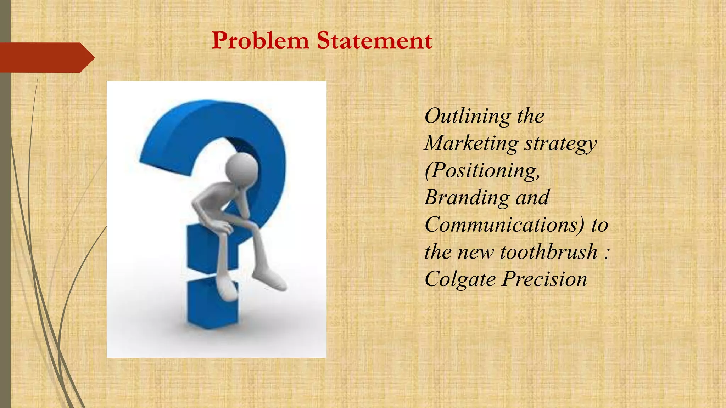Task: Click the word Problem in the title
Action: [260, 40]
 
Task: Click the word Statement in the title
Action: [374, 40]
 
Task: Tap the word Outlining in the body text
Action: [467, 116]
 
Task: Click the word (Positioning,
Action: [482, 171]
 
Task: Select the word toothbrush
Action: [549, 252]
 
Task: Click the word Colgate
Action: [460, 279]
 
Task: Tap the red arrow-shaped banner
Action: [46, 57]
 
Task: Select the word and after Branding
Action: [532, 198]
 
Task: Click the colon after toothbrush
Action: [607, 252]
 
